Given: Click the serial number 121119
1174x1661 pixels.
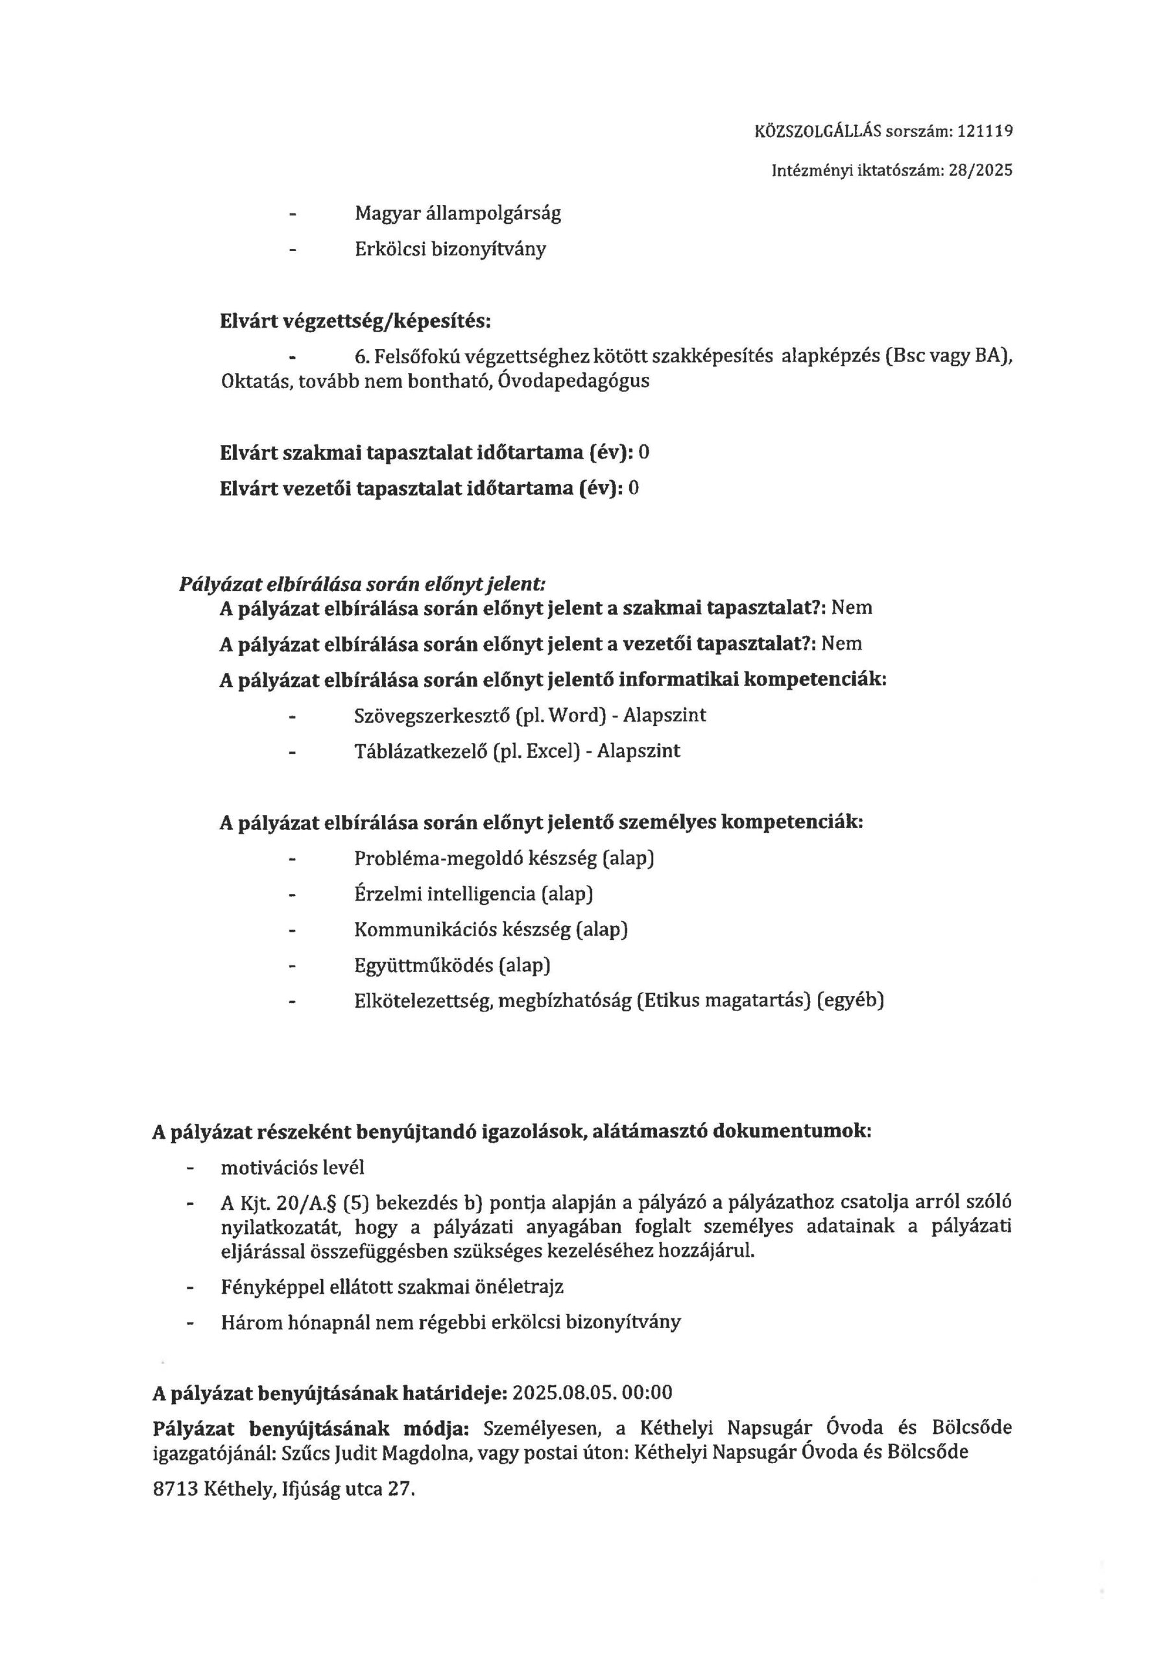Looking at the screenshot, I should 985,132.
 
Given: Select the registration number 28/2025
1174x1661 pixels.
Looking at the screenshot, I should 985,171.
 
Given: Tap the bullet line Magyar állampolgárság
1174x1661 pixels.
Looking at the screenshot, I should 457,213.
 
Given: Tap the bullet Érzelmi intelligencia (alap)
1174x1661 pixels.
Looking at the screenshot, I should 473,894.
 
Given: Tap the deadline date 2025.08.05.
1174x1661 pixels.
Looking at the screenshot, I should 571,1392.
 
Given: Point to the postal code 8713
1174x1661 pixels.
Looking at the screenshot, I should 176,1489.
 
